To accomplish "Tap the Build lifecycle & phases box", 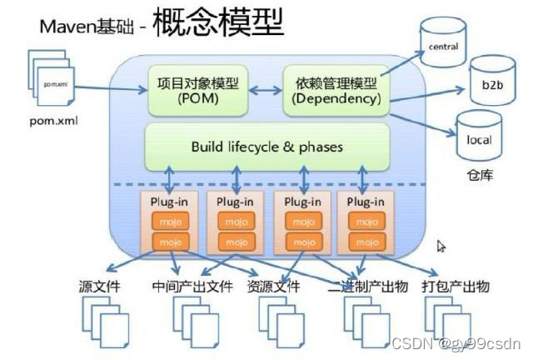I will pos(266,147).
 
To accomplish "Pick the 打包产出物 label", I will pos(455,287).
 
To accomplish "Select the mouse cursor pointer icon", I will pos(441,247).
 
